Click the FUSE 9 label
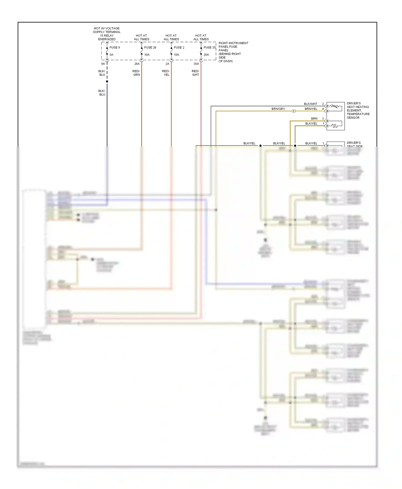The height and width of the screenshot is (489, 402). pos(114,47)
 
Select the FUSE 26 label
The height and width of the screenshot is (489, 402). pos(150,47)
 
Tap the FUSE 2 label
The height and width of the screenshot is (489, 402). pos(179,47)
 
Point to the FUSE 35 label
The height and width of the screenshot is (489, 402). pos(209,47)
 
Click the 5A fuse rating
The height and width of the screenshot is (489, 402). pos(111,55)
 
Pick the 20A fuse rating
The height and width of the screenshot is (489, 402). pos(206,55)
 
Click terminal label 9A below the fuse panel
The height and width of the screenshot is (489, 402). pos(103,64)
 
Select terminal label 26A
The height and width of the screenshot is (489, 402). pos(137,64)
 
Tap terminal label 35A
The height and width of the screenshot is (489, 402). pos(196,64)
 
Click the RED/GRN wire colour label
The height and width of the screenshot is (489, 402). pos(136,73)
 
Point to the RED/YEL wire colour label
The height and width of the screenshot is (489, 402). pos(166,73)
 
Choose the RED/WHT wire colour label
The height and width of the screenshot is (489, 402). pos(195,73)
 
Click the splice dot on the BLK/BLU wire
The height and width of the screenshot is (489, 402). pos(107,81)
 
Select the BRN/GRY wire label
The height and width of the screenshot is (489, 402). pos(278,109)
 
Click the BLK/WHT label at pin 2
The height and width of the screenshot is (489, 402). pos(310,104)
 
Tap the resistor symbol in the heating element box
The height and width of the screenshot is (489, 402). pos(334,106)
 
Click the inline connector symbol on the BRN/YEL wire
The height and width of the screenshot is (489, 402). pos(294,111)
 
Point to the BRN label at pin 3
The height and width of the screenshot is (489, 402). pos(314,119)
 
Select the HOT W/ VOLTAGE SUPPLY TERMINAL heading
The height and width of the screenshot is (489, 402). pos(107,34)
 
